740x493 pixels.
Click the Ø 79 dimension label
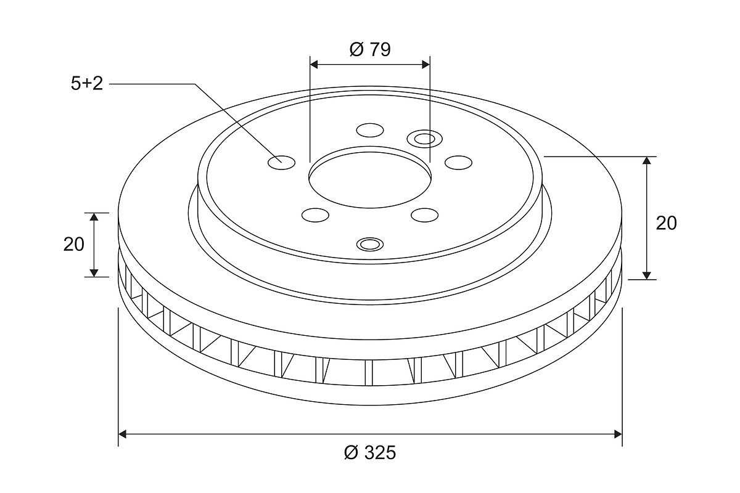370,49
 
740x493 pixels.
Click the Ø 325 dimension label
370,452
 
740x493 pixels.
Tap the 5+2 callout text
87,84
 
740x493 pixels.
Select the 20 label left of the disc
73,245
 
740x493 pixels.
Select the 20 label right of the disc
667,223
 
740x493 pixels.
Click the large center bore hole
370,177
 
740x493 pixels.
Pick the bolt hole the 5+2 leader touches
281,163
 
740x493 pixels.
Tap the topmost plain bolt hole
370,130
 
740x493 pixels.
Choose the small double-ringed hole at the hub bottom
370,245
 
